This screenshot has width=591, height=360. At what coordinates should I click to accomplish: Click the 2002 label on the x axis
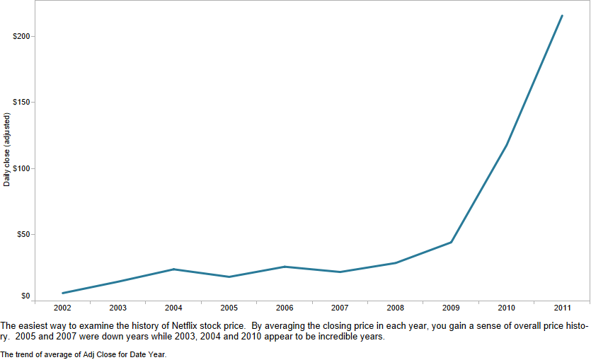[62, 308]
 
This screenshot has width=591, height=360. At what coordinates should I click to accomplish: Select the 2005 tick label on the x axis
[229, 308]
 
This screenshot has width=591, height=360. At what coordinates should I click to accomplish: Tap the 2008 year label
[396, 308]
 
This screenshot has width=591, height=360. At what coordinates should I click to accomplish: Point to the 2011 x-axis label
[563, 308]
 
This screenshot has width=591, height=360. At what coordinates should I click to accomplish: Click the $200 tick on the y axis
[21, 36]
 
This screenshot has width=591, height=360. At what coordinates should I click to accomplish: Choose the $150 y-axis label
[21, 103]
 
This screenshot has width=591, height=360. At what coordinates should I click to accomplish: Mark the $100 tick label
[21, 168]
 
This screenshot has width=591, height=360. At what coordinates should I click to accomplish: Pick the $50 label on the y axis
[23, 234]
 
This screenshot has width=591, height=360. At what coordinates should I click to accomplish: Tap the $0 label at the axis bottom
[25, 296]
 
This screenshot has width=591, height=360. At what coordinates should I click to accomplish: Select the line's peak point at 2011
[562, 16]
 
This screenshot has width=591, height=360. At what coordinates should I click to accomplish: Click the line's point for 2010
[507, 144]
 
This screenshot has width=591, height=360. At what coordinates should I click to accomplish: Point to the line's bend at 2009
[452, 242]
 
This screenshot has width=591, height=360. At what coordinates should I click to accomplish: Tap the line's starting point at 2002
[63, 293]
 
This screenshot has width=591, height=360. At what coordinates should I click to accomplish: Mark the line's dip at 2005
[229, 277]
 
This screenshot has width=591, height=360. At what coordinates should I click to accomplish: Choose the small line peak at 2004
[173, 269]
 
